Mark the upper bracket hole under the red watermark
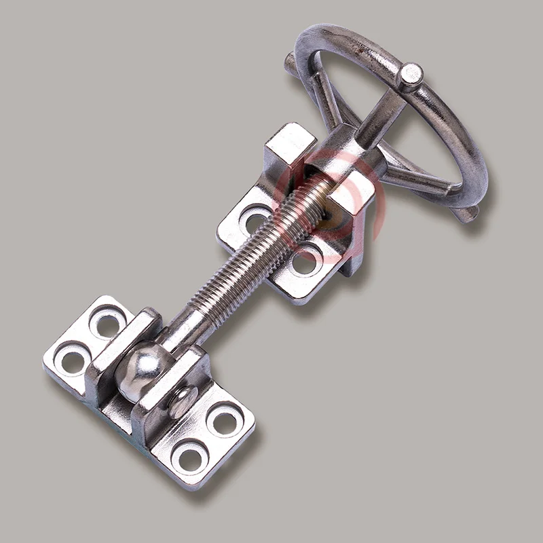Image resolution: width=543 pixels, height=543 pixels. (x=305, y=261)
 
